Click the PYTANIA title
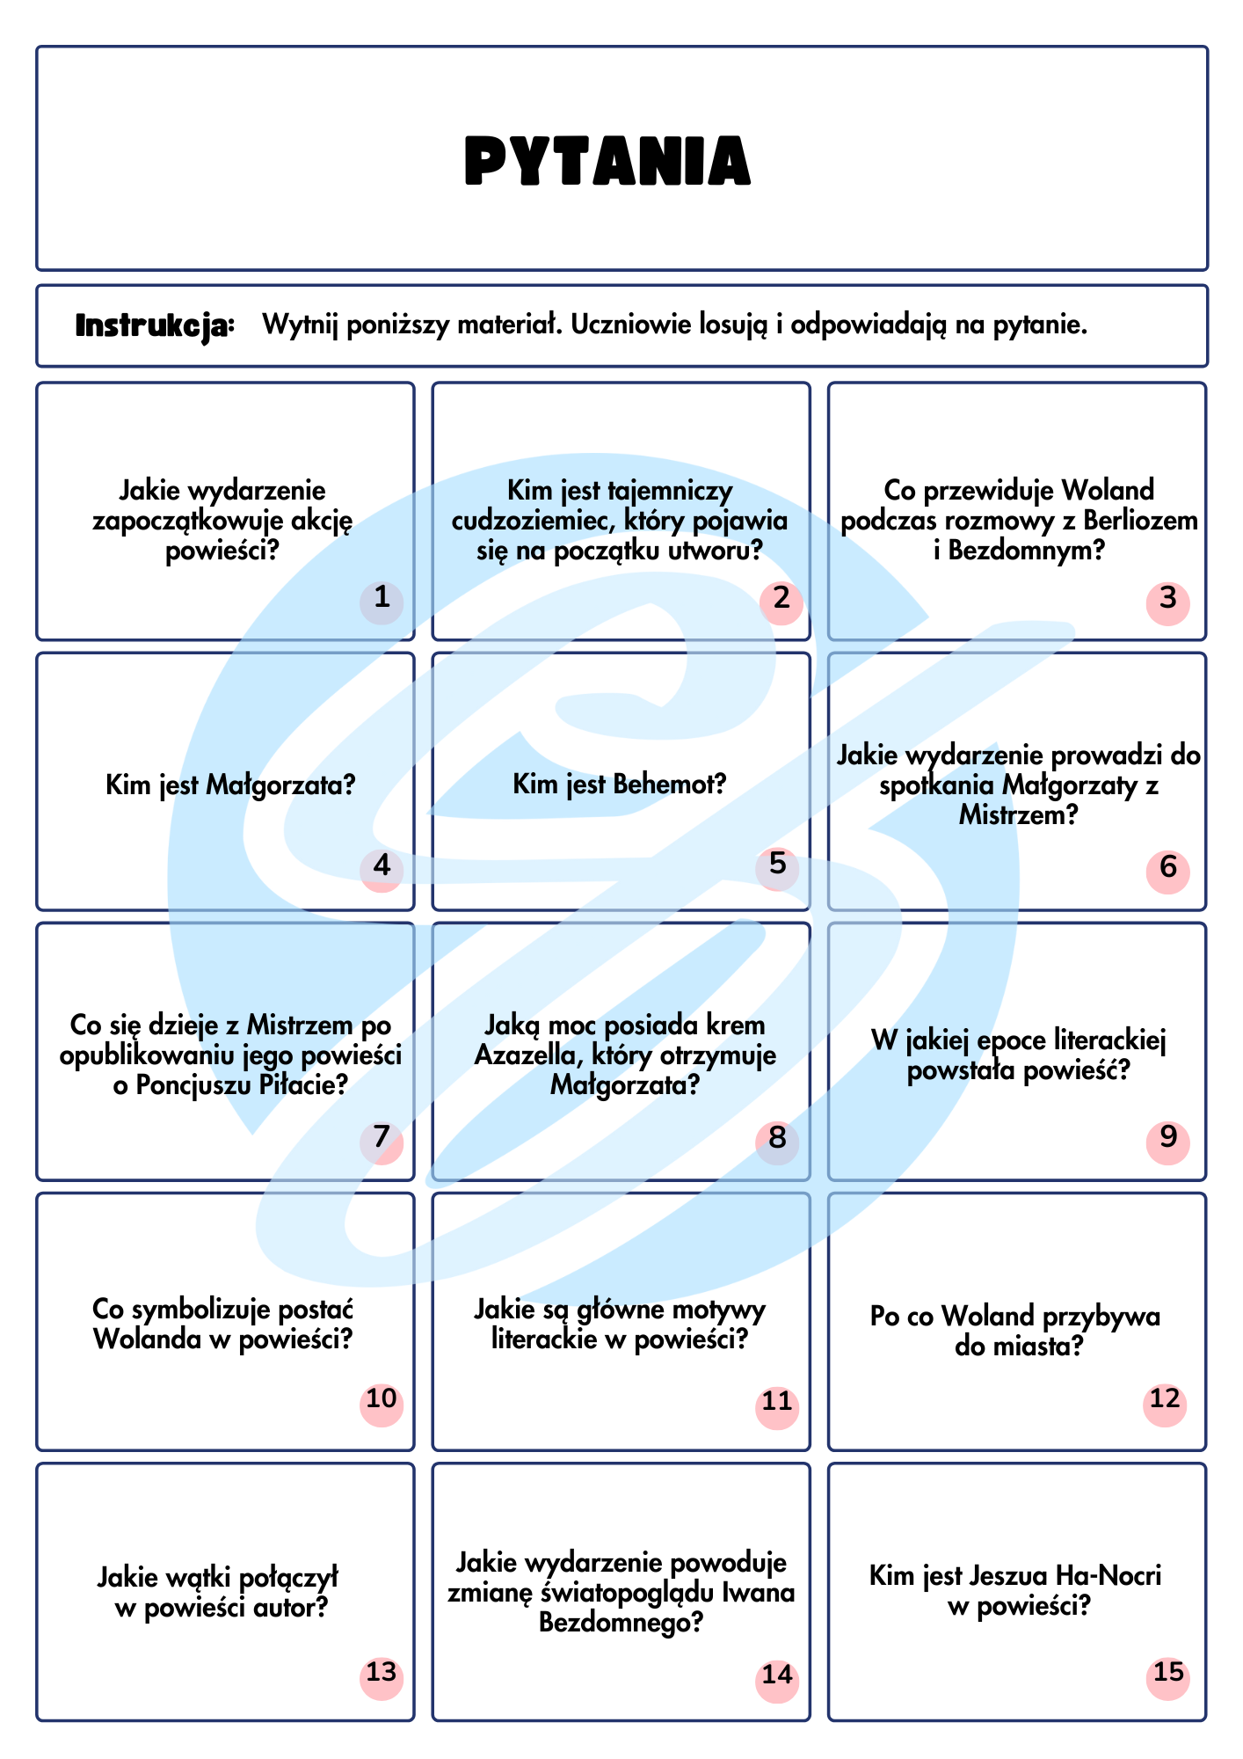pos(607,161)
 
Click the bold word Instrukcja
pos(156,326)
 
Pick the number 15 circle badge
pos(1167,1673)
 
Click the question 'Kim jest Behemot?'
pos(620,783)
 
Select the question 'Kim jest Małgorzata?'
pos(230,784)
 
